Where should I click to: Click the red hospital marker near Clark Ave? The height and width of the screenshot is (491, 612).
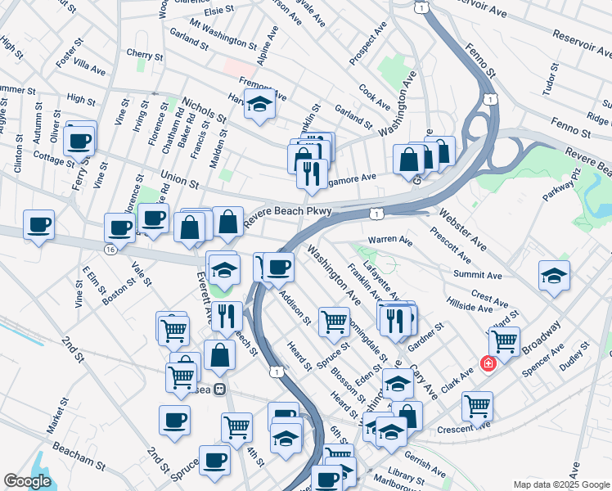[x=488, y=363]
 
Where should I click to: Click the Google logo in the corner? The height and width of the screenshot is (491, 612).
[x=28, y=481]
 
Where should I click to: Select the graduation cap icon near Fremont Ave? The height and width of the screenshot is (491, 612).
[x=260, y=104]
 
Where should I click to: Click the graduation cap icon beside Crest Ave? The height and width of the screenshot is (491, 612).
[x=555, y=276]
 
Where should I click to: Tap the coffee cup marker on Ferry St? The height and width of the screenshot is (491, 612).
[x=80, y=140]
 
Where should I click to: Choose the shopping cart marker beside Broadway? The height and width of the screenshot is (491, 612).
[x=504, y=340]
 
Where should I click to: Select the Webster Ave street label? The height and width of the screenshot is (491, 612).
[x=462, y=230]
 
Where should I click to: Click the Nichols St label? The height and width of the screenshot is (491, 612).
[x=205, y=111]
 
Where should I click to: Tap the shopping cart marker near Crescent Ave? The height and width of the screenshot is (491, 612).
[x=476, y=404]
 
